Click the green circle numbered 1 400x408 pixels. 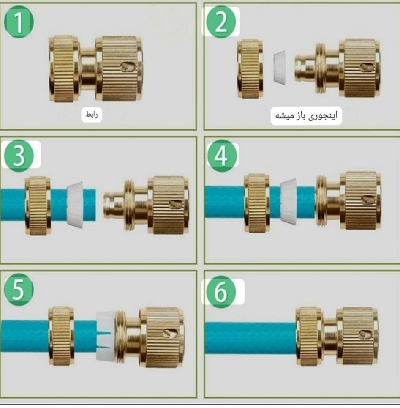tap(19, 22)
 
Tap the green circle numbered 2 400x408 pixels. tap(221, 22)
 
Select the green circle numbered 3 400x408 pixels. tap(19, 155)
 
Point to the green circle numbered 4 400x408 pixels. tap(222, 155)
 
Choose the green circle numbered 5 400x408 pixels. tap(19, 290)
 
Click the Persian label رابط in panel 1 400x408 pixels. tap(92, 115)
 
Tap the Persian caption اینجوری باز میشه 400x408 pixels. tap(306, 115)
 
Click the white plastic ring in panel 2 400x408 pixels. tap(279, 68)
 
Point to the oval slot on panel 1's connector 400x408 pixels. tap(128, 66)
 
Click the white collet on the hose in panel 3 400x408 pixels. tap(75, 205)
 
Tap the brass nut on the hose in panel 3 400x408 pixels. tap(38, 205)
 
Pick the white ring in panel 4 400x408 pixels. tap(288, 202)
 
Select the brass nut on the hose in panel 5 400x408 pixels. tap(61, 336)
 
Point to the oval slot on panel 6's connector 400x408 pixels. tap(365, 334)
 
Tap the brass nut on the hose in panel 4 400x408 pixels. tap(257, 203)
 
